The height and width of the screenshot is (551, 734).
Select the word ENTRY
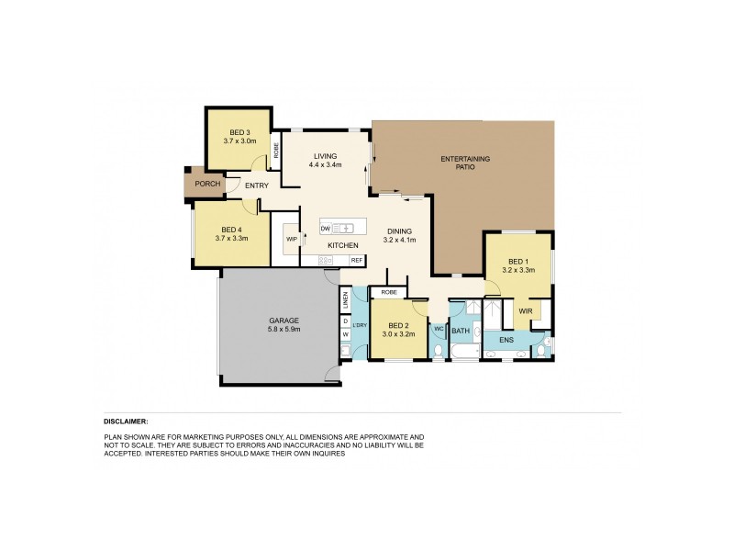(257, 186)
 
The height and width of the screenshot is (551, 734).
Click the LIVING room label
(326, 156)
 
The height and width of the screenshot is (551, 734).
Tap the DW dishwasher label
(325, 227)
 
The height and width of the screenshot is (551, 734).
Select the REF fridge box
(356, 261)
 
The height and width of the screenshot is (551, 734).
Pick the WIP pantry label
(292, 239)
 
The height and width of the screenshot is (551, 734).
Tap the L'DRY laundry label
(359, 325)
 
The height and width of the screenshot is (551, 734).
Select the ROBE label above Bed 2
(389, 292)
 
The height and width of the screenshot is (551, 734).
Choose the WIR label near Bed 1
(525, 311)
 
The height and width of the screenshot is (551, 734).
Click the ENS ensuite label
(506, 340)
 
